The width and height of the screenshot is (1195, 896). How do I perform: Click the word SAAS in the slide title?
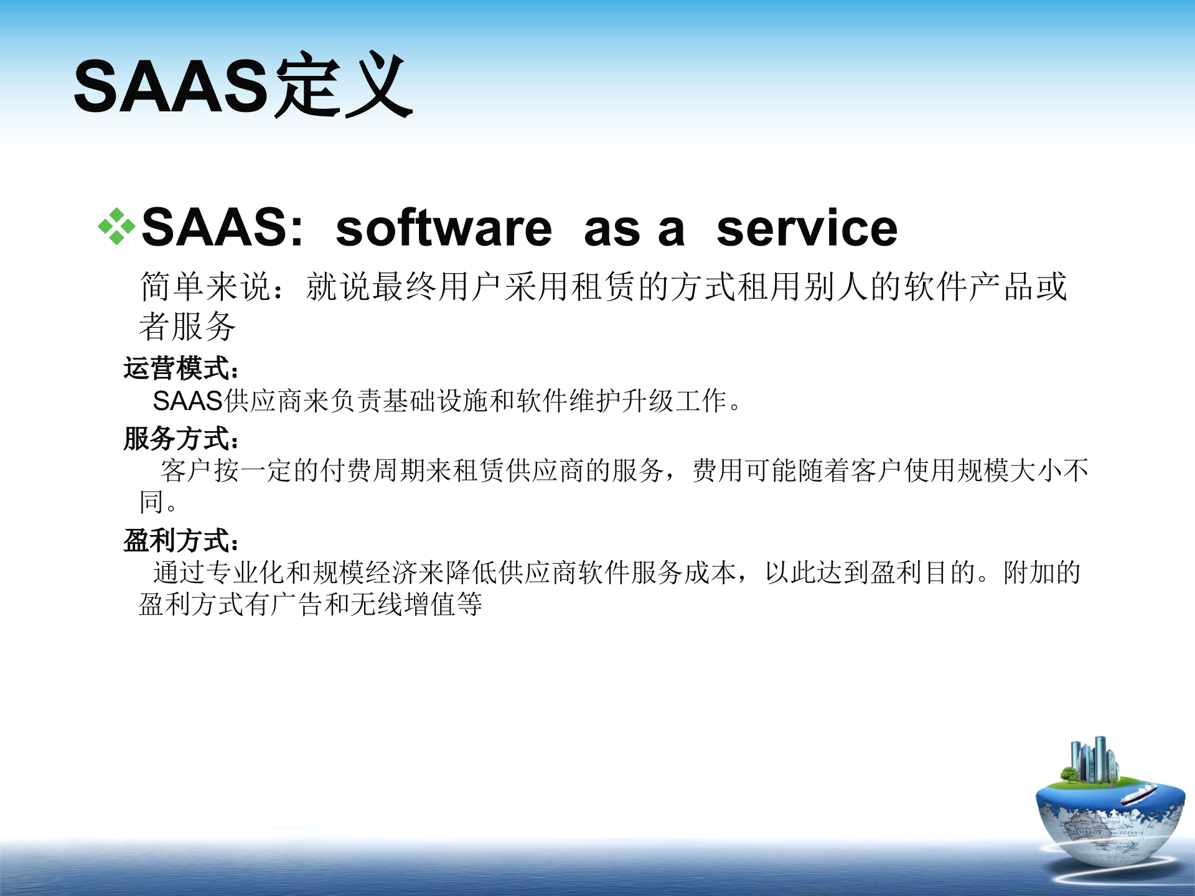171,87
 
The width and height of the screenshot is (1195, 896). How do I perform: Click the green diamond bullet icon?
116,226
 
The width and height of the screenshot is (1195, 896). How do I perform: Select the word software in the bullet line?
443,228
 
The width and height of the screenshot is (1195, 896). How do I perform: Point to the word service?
807,228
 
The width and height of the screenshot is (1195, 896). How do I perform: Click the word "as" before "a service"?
612,230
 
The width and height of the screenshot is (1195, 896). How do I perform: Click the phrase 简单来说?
205,287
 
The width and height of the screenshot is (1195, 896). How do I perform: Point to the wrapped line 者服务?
187,326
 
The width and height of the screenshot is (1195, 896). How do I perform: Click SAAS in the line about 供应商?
187,401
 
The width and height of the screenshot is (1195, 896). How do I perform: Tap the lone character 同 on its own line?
151,502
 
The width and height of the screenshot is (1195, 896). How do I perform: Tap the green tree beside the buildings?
1069,775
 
